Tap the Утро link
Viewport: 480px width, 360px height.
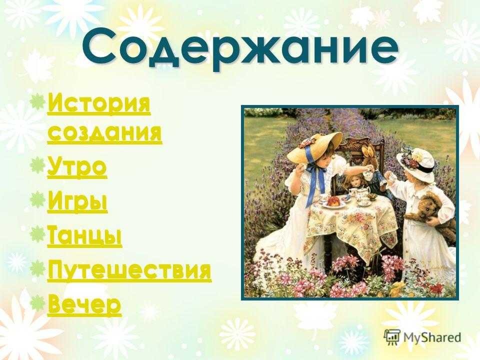[x=77, y=167]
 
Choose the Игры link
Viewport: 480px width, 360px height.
[x=77, y=201]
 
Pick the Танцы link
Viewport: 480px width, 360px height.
[x=85, y=236]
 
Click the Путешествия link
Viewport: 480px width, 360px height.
[x=129, y=270]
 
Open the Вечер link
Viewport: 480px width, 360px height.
[x=84, y=305]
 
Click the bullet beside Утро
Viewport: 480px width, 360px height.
[x=37, y=163]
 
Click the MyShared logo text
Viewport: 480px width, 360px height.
[x=432, y=337]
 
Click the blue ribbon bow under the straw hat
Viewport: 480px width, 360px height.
[x=314, y=174]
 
